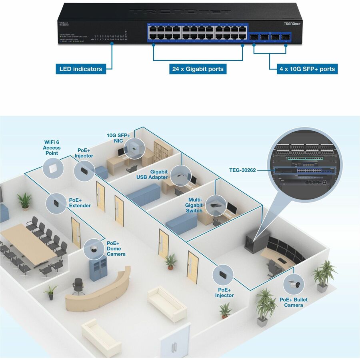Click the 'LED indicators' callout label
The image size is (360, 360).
click(80, 69)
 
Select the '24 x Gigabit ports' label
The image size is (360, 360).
click(198, 69)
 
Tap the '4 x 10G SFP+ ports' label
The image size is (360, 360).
click(307, 69)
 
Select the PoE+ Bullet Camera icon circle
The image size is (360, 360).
click(293, 284)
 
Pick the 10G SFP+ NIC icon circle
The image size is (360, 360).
click(133, 150)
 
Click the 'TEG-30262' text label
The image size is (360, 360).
click(242, 170)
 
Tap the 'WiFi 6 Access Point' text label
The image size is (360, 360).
click(52, 148)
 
